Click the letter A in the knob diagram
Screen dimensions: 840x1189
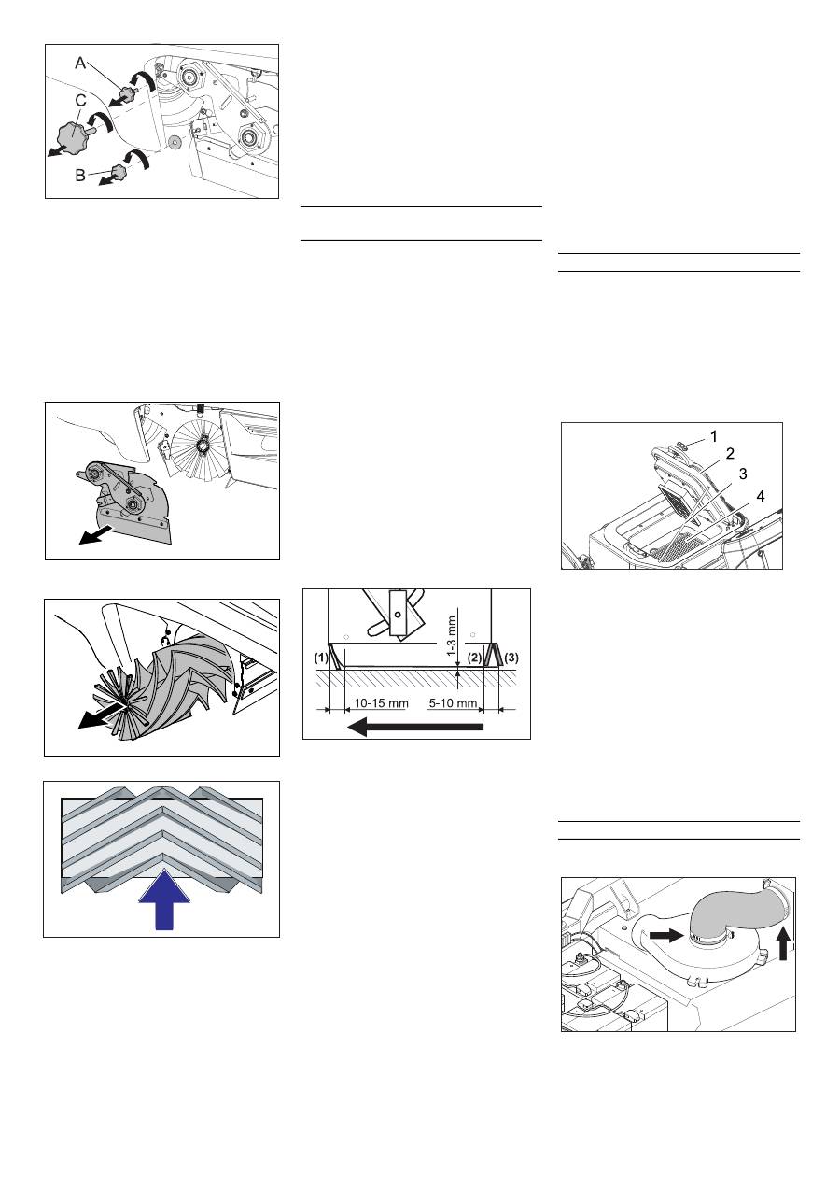(80, 64)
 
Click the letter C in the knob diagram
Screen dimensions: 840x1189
(80, 101)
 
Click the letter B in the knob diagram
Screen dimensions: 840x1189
(80, 176)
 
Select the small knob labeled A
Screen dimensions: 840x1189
(128, 94)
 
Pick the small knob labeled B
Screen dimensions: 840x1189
(119, 172)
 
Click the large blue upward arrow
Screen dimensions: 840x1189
(164, 899)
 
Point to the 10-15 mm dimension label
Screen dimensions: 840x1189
(381, 703)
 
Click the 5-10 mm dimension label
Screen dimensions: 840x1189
(454, 703)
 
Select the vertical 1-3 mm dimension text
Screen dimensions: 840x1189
(452, 635)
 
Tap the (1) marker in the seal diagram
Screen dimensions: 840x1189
(321, 658)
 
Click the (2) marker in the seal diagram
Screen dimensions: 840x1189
(475, 658)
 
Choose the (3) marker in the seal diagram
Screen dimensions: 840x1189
(511, 658)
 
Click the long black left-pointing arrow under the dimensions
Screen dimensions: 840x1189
(414, 727)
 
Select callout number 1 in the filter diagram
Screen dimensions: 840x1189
(714, 436)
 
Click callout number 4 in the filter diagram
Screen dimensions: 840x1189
(761, 496)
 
